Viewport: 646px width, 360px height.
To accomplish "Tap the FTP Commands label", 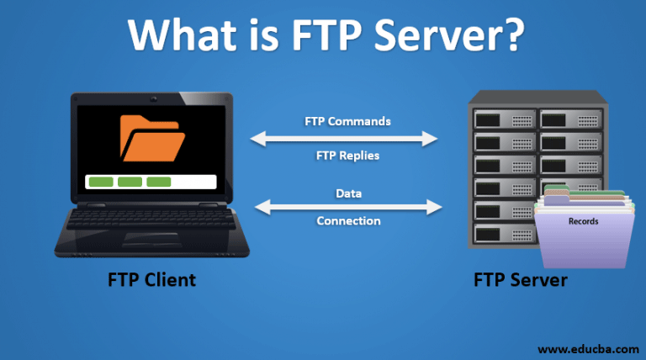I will coord(347,121).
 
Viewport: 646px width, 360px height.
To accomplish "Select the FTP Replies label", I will coord(347,155).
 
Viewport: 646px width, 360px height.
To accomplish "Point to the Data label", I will coord(348,193).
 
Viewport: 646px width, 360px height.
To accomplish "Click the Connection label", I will coord(348,220).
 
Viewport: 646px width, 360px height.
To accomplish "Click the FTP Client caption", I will coord(151,279).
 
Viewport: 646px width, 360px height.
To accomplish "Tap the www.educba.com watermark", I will coord(585,347).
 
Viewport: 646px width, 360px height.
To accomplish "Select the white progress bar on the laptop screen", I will coord(151,182).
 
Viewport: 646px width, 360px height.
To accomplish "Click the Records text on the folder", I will coord(583,221).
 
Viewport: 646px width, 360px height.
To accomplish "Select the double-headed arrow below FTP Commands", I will coord(347,138).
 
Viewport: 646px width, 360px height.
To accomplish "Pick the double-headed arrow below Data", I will coord(347,207).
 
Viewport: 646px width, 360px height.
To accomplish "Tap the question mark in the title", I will coord(507,35).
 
